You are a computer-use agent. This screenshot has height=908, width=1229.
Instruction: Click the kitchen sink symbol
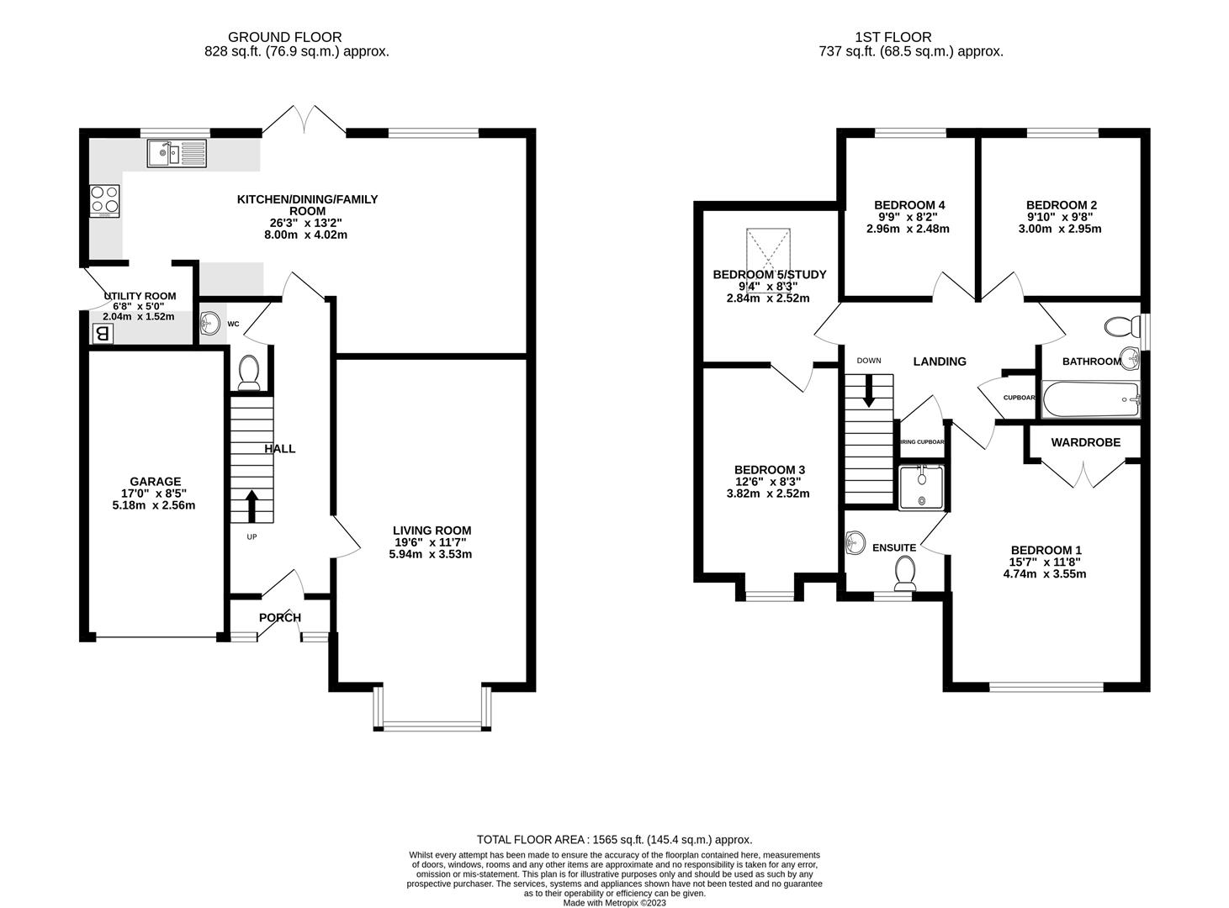pos(176,153)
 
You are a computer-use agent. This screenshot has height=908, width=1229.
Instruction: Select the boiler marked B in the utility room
pos(103,334)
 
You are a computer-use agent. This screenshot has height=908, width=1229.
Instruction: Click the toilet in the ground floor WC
pos(249,372)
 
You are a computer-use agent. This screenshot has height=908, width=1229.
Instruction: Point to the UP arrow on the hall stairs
pos(252,506)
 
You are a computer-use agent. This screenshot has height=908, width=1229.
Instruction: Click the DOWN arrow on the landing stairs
pos(869,388)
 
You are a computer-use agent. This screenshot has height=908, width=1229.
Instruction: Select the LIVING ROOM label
pos(432,531)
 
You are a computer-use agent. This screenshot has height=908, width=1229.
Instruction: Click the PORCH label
pos(280,618)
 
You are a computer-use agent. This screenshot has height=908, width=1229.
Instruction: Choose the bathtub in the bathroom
pos(1090,399)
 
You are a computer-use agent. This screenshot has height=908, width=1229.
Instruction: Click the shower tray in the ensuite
pos(920,488)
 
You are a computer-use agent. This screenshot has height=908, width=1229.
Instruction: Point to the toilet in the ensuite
pos(905,573)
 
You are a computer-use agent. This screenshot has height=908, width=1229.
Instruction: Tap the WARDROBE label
pos(1086,442)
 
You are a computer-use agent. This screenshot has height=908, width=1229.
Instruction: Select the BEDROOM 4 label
pos(909,205)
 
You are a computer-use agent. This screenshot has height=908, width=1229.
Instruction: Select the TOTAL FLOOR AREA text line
pos(614,839)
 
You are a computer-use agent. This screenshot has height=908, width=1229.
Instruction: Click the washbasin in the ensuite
pos(856,543)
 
